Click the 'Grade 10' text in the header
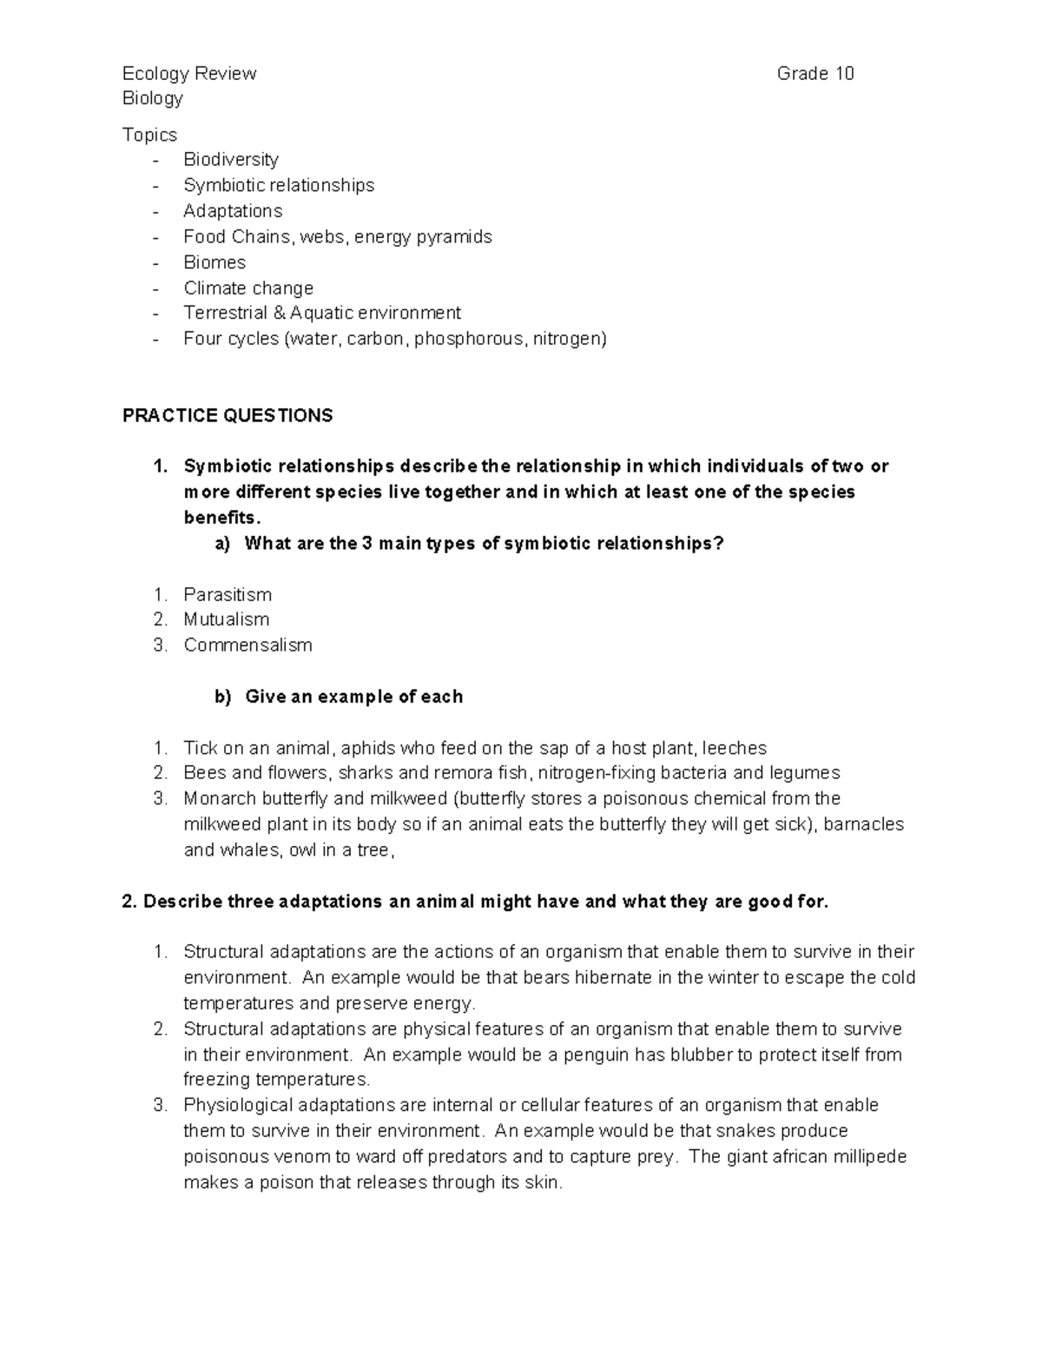814,74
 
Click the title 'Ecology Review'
189,74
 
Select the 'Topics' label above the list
149,135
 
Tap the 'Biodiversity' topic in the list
231,160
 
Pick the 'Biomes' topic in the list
214,262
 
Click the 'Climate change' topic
248,288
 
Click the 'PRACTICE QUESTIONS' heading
228,416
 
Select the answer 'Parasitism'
228,595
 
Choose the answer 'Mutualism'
227,620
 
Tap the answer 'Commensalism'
247,645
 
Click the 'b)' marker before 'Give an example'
223,697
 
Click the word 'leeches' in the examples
734,748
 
